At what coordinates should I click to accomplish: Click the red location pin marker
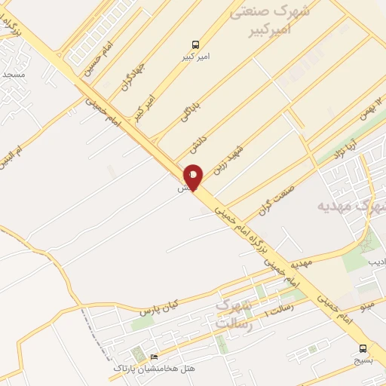[193, 177]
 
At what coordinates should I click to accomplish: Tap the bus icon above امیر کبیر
[196, 44]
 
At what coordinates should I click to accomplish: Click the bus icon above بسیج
[363, 348]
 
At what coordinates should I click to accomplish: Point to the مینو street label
[366, 307]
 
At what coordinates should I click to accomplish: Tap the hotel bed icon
[155, 357]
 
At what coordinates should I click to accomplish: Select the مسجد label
[14, 75]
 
